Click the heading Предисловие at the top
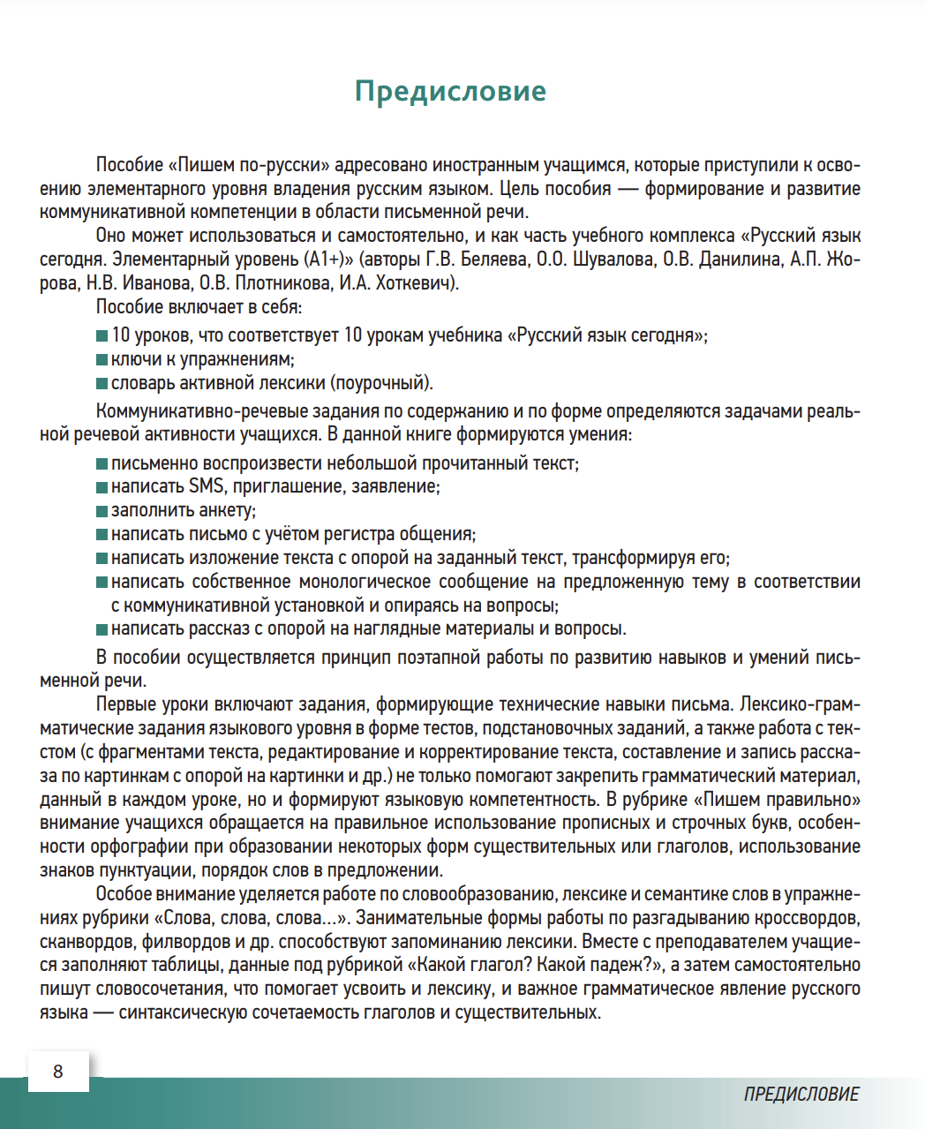click(x=450, y=91)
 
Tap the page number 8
click(x=58, y=1072)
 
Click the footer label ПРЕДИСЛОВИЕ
click(x=801, y=1095)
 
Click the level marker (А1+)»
click(x=327, y=260)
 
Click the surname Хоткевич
click(x=415, y=283)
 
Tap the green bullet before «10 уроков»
click(x=102, y=336)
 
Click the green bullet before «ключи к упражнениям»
click(x=102, y=360)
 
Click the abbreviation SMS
click(x=206, y=486)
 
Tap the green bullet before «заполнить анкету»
click(x=102, y=511)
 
